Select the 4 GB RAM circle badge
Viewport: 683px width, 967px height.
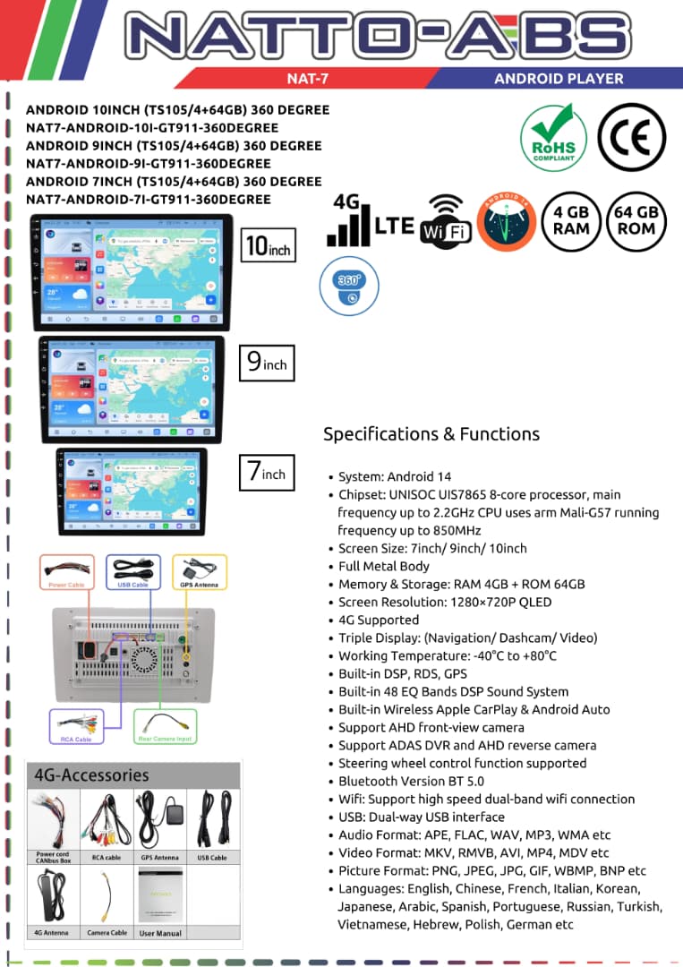(571, 220)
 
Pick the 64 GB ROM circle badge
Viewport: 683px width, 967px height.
(636, 220)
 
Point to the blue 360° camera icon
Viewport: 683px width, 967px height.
(349, 285)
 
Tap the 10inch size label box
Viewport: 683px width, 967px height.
(268, 244)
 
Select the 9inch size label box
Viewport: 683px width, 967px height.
(268, 362)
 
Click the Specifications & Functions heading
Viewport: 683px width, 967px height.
(431, 434)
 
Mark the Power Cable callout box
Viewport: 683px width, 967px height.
(67, 571)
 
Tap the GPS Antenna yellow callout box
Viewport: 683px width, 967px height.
(199, 571)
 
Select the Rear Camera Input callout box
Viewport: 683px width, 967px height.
(166, 728)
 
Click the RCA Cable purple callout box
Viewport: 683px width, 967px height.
(77, 727)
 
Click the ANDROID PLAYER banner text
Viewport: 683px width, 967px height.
(559, 78)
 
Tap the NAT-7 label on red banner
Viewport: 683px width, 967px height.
(308, 78)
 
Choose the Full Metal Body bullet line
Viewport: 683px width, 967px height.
(384, 566)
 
